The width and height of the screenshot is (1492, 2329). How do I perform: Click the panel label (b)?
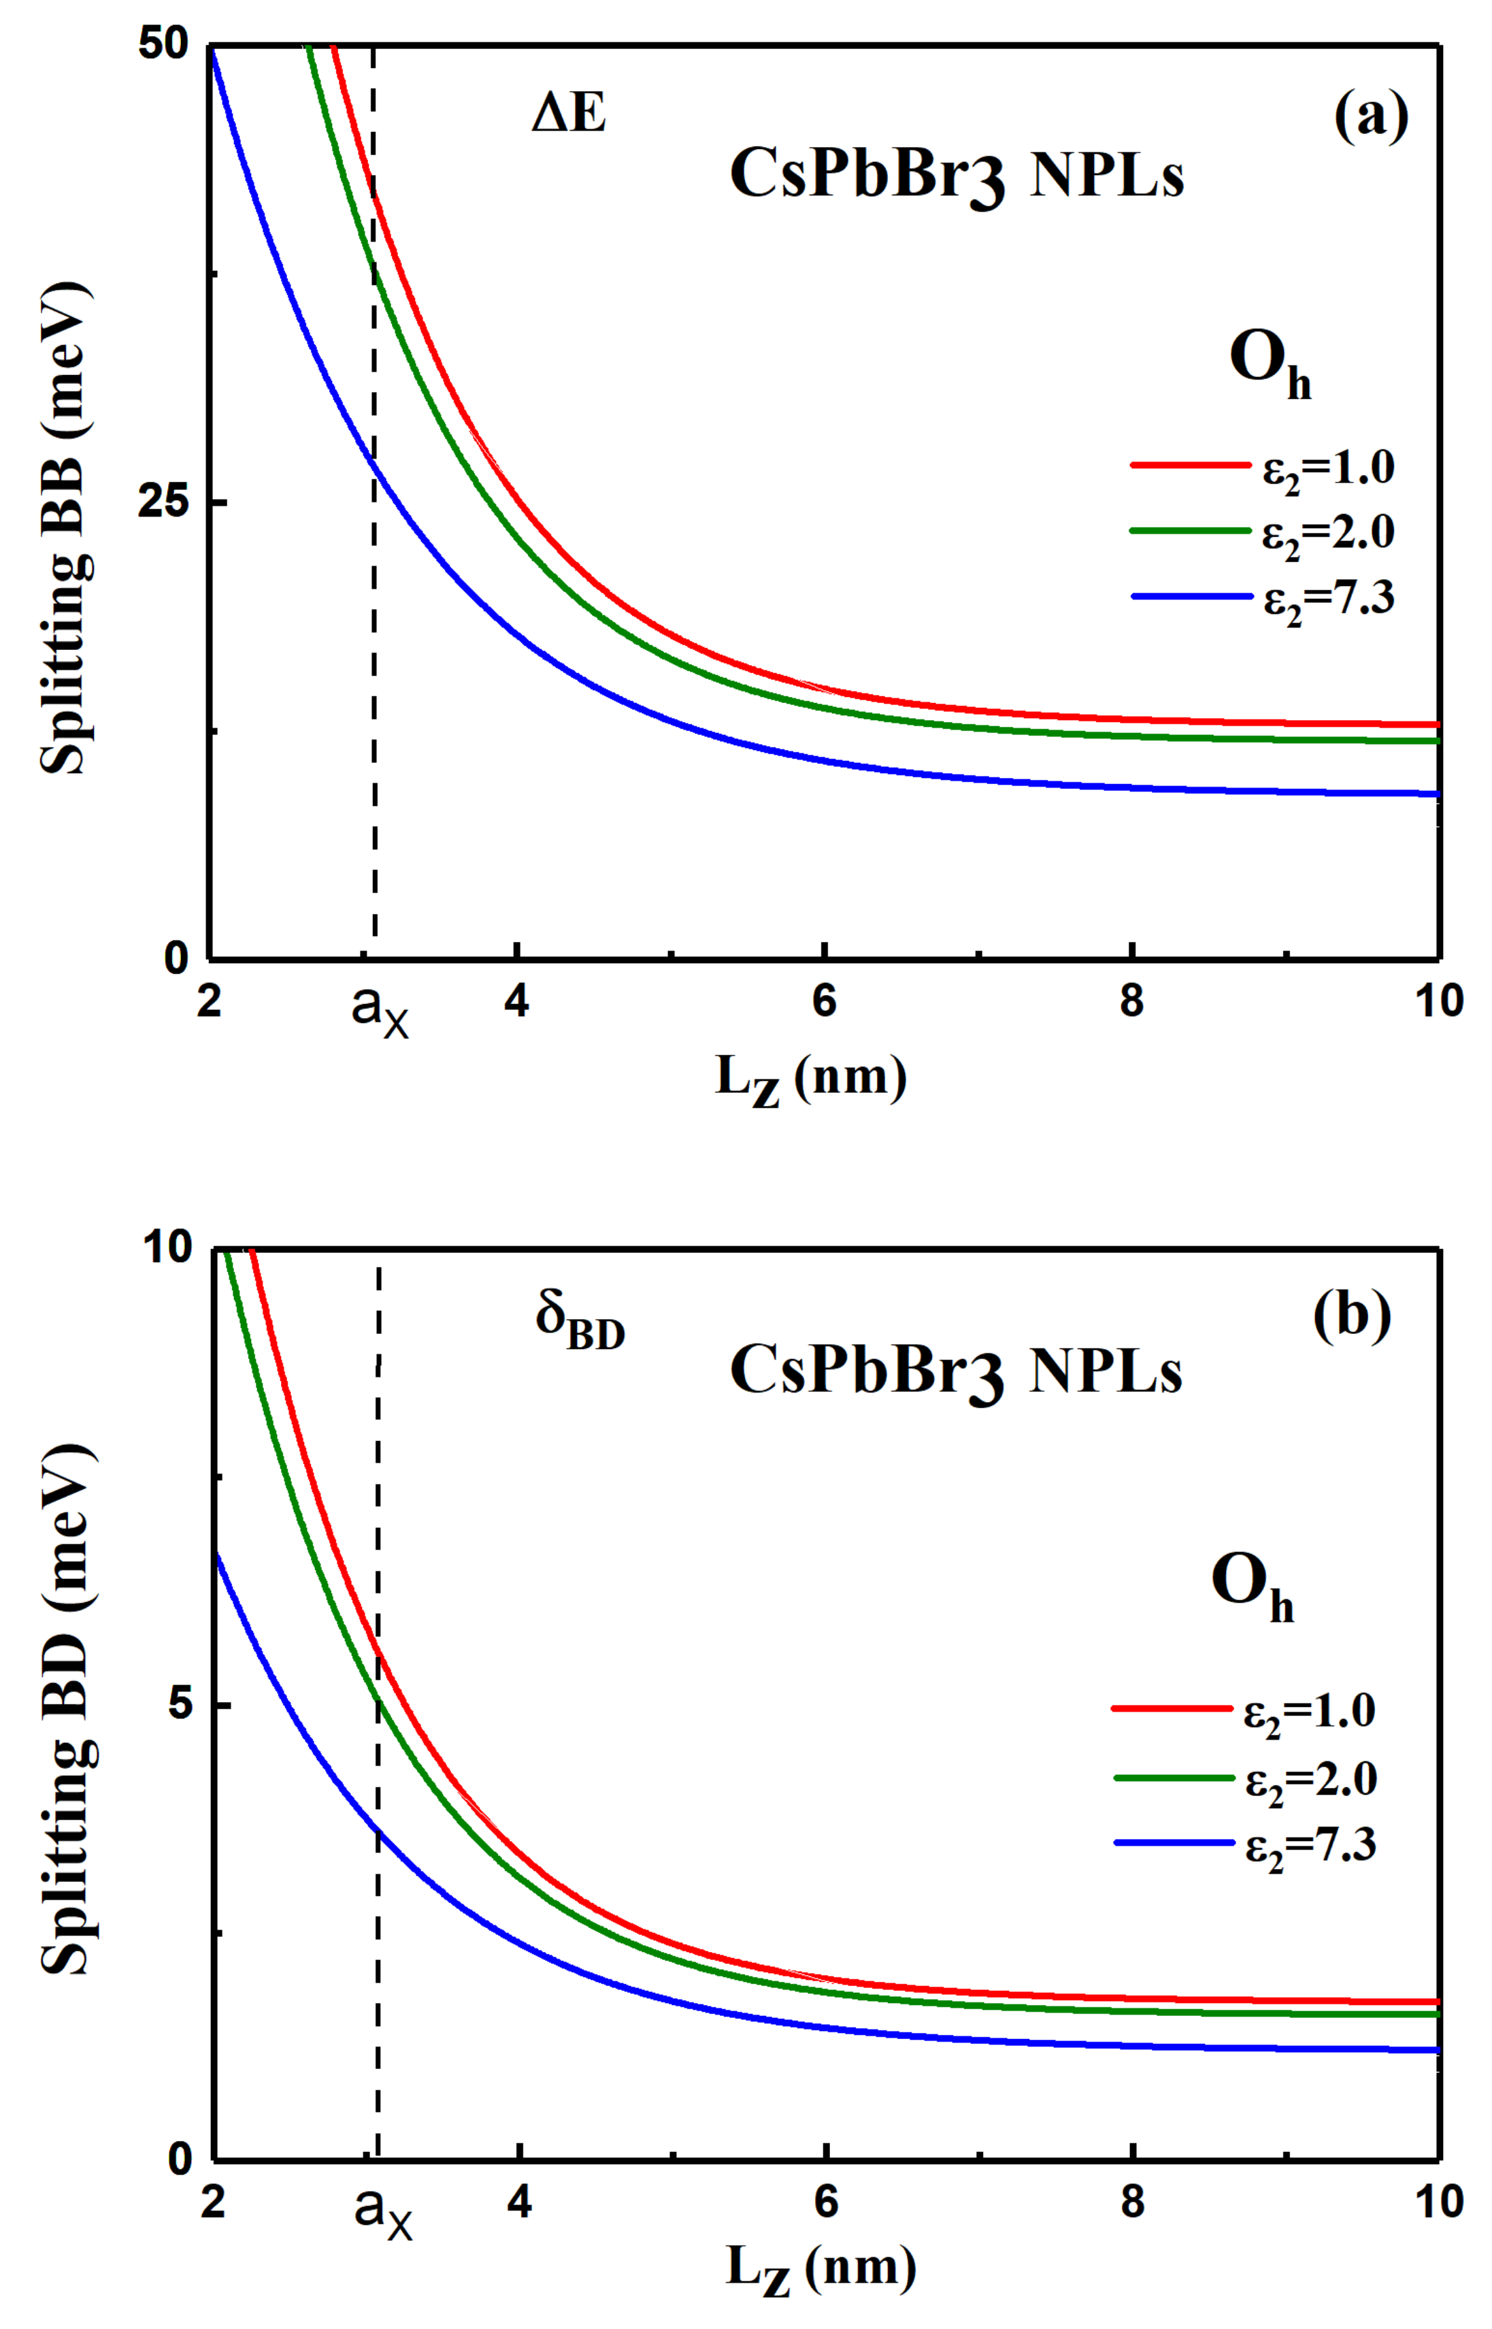click(x=1352, y=1316)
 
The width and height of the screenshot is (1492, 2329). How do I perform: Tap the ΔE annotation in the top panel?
click(x=569, y=114)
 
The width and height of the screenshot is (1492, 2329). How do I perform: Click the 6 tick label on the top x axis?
click(x=823, y=1001)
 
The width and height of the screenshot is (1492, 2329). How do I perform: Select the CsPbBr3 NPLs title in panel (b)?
click(x=955, y=1372)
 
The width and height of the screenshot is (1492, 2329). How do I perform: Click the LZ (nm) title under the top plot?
click(x=811, y=1079)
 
